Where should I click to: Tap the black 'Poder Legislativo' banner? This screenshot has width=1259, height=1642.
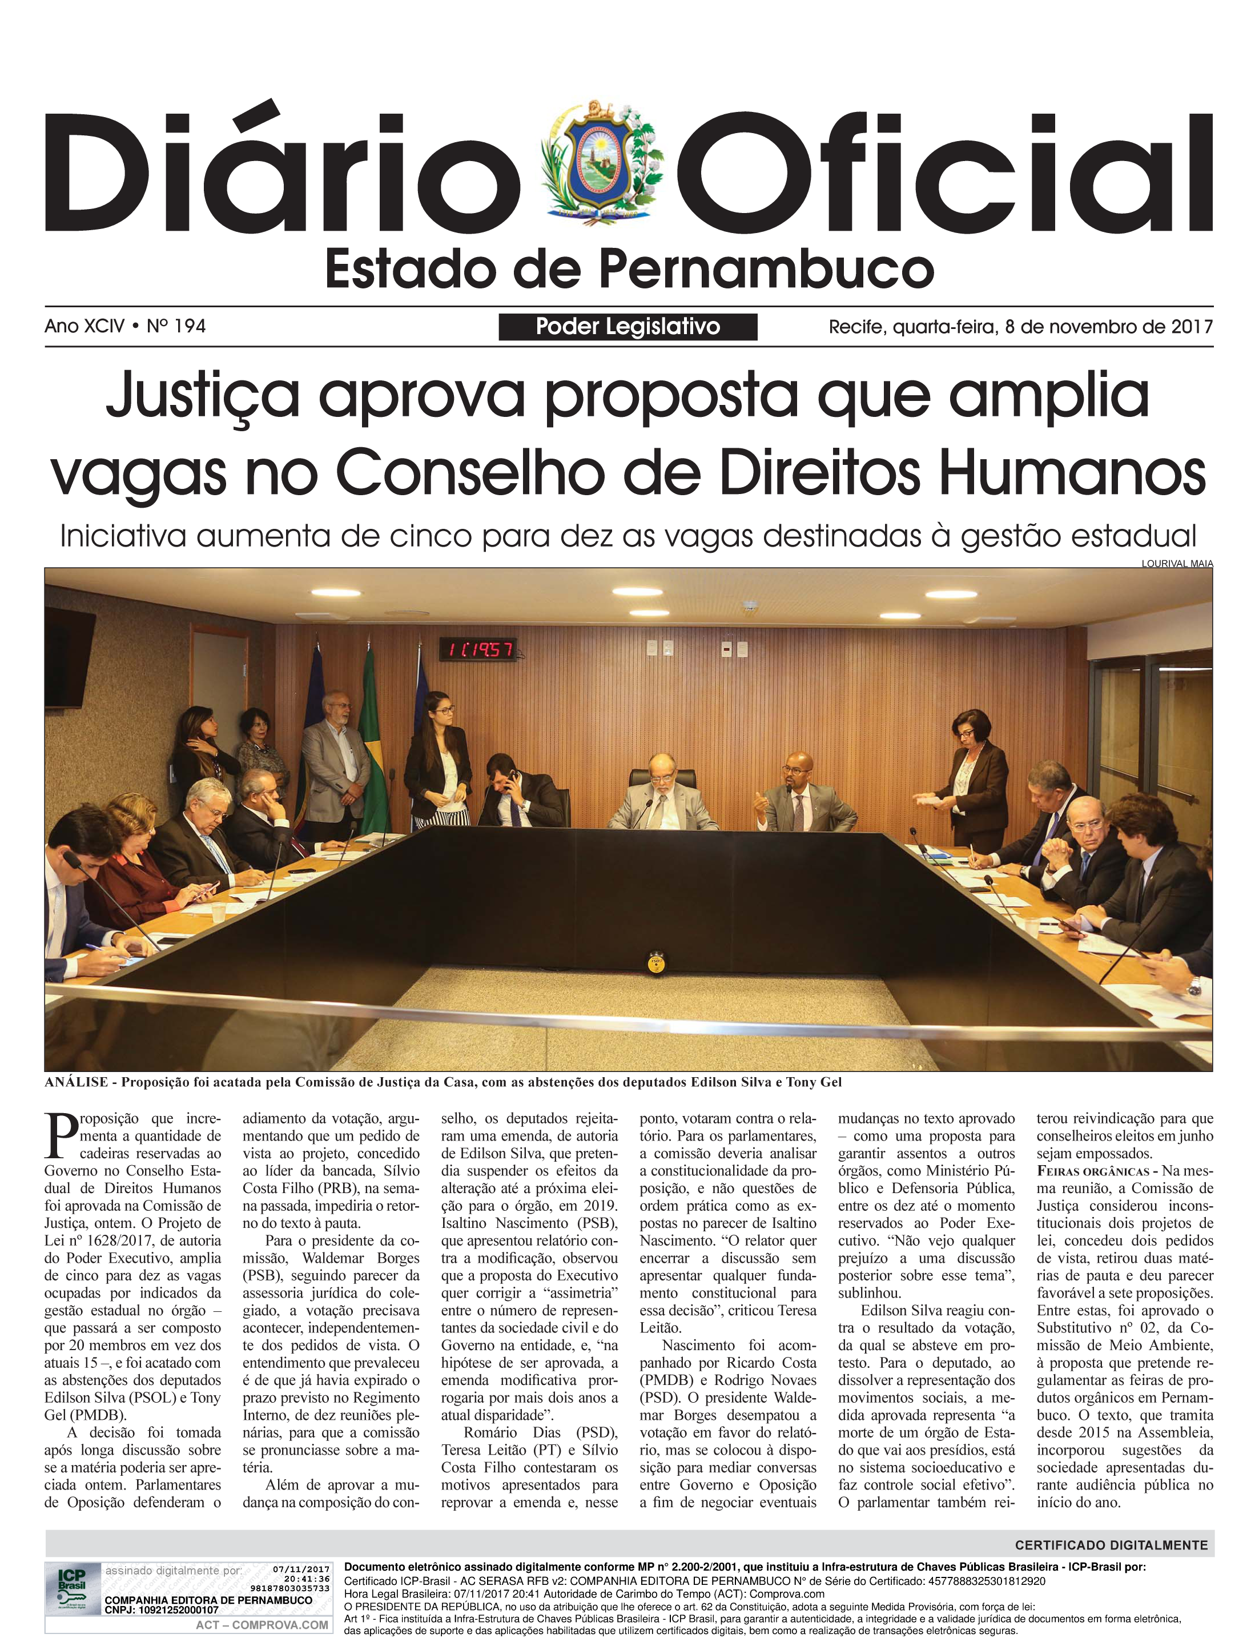point(628,327)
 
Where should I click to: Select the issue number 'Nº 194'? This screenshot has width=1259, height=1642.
point(176,326)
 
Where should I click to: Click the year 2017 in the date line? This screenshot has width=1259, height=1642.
point(1192,327)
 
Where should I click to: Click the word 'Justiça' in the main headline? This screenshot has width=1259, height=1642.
point(202,396)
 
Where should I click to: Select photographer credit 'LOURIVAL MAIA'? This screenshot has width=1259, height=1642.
point(1177,564)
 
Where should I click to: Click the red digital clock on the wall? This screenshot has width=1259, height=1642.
point(477,649)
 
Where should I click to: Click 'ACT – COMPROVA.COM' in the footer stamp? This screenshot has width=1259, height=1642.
point(262,1625)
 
